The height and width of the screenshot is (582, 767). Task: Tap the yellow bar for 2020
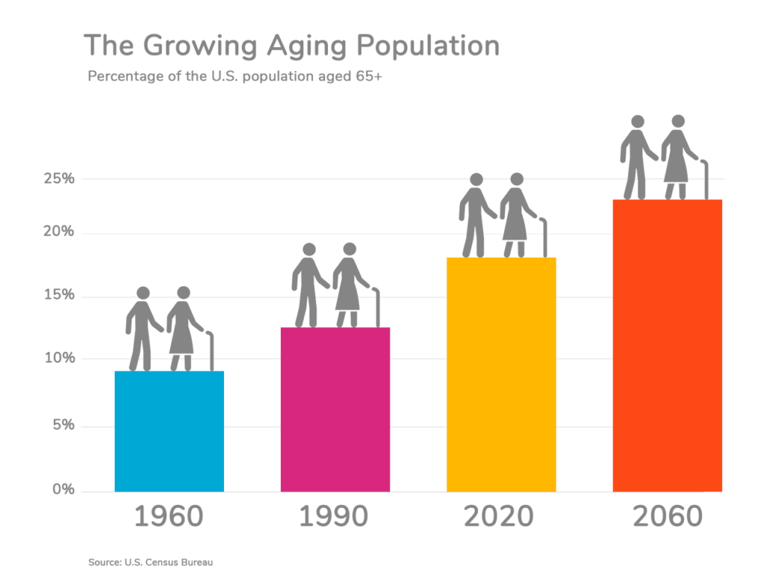click(x=501, y=374)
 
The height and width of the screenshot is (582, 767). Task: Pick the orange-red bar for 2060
click(x=667, y=345)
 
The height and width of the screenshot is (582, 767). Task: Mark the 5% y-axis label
click(x=61, y=425)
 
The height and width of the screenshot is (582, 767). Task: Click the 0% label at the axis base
click(x=61, y=490)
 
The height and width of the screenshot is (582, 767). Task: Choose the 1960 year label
click(x=169, y=517)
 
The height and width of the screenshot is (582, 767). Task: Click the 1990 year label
click(x=335, y=517)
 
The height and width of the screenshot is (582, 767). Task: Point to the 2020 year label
click(x=500, y=517)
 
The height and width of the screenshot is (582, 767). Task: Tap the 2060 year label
click(x=667, y=517)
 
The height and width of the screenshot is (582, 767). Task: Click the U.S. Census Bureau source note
click(x=155, y=562)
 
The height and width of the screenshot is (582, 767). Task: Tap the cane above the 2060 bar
click(x=706, y=180)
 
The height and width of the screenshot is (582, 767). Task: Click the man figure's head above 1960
click(x=143, y=293)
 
